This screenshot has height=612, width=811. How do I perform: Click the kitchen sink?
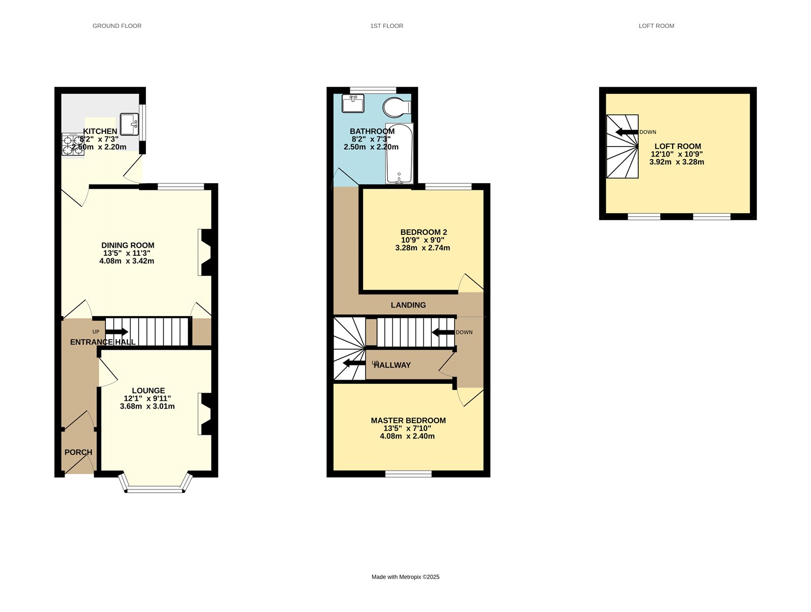pos(129,124)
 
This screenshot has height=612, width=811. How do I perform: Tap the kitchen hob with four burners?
pos(72,144)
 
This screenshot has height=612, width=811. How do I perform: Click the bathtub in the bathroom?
pos(399,153)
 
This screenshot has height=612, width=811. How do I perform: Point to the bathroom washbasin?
pos(353,104)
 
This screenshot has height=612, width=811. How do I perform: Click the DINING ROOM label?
pos(128,245)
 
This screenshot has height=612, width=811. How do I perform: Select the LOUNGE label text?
pos(148,390)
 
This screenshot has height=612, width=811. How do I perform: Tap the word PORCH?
pos(78,452)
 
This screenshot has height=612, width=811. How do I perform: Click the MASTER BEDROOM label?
pos(408,420)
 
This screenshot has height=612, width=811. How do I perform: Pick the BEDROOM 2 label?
pos(423,232)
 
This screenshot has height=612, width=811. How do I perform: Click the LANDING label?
pos(408,305)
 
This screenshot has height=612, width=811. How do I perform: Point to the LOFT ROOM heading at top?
pos(656,26)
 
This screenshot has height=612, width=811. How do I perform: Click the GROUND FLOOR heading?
pos(117,26)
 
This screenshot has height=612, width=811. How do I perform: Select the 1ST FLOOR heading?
pos(386,26)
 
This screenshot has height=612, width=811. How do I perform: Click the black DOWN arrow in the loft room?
pos(626,132)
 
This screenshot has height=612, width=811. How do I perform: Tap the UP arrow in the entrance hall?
pos(117,332)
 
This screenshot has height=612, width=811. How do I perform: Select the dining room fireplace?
pos(206,252)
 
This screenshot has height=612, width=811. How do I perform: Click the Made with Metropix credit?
pos(405,577)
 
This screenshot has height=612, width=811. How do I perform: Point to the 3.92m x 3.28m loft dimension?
pos(676,162)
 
